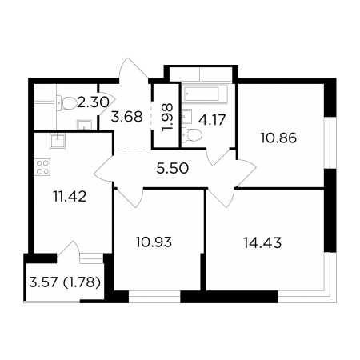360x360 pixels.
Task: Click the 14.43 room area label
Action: click(x=262, y=243)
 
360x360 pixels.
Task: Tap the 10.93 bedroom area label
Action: click(x=154, y=242)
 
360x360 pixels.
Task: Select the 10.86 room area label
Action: click(x=278, y=138)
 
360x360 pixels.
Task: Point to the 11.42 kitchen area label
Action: click(x=70, y=197)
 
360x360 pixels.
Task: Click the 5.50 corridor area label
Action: click(x=173, y=169)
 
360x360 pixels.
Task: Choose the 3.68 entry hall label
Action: click(x=127, y=117)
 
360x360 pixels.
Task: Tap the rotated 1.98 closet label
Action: click(x=168, y=117)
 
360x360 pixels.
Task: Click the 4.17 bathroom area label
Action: click(x=212, y=120)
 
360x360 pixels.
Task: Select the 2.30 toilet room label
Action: click(x=93, y=102)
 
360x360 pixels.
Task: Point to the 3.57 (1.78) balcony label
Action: click(x=65, y=282)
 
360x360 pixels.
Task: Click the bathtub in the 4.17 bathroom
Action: click(x=205, y=94)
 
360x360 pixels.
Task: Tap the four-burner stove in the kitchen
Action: click(x=42, y=167)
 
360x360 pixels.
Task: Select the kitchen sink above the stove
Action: click(x=58, y=141)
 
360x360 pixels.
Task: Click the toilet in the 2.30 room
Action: click(x=67, y=103)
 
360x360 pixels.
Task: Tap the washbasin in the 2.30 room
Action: click(x=84, y=125)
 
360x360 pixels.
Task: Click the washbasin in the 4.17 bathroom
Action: click(x=187, y=116)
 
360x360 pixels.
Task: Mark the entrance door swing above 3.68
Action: click(x=134, y=69)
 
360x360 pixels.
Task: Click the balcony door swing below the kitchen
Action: click(x=68, y=248)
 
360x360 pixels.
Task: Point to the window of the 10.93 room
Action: click(x=154, y=297)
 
